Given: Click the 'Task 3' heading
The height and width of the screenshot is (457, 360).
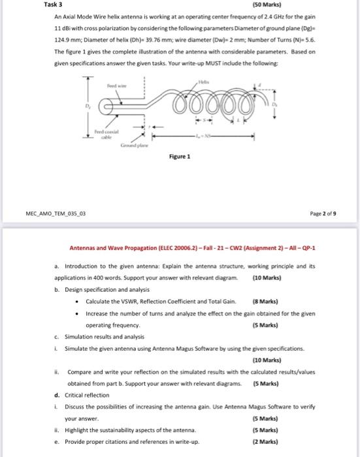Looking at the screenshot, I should coord(53,5).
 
